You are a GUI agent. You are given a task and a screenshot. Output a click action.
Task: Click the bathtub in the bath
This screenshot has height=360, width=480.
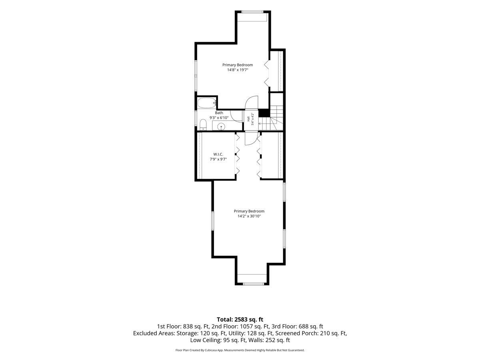(207, 103)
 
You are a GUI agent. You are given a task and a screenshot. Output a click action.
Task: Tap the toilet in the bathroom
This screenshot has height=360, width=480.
(203, 125)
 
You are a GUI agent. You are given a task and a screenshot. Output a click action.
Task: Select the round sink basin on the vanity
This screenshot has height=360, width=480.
(221, 126)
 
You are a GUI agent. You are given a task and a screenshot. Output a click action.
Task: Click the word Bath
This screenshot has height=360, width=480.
(219, 113)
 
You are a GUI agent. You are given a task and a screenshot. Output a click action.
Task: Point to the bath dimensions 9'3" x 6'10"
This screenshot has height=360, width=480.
(219, 118)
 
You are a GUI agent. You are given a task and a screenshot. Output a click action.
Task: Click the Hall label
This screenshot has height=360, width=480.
(248, 119)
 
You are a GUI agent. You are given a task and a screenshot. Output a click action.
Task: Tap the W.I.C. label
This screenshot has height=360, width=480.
(218, 154)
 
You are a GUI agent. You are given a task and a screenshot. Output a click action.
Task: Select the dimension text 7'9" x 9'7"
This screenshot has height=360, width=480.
(218, 159)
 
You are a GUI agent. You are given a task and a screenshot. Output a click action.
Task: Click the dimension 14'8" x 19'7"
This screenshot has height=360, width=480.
(238, 70)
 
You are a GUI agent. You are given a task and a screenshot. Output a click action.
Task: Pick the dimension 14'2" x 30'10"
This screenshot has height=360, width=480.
(249, 216)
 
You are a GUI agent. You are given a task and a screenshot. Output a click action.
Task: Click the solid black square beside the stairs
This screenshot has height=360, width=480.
(264, 113)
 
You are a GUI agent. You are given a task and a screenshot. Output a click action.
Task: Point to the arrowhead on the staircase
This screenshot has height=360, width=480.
(260, 124)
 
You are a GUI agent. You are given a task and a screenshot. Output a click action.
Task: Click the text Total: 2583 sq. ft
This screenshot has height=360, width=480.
(240, 319)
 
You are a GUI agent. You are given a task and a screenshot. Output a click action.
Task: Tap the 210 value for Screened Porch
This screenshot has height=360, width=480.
(324, 333)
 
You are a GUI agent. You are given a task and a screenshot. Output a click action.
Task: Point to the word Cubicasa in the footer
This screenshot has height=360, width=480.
(210, 350)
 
